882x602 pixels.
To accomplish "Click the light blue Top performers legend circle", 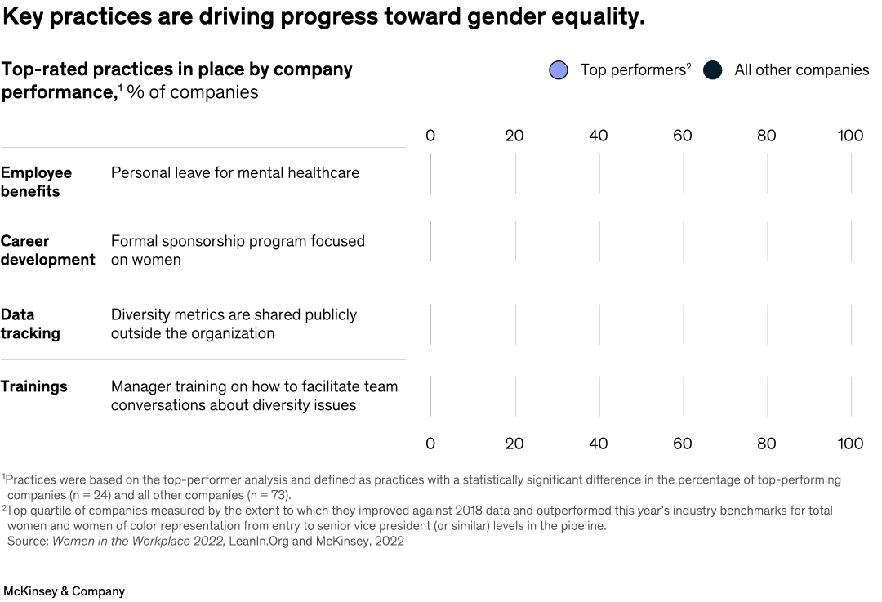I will pos(559,70).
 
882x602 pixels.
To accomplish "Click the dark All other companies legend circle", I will pos(713,70).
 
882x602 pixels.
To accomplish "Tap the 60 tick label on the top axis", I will pos(682,136).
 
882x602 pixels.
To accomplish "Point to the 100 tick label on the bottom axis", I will pos(850,444).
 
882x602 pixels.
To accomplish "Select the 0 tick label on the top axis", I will pos(430,136).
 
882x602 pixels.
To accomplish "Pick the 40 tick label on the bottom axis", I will pos(598,444).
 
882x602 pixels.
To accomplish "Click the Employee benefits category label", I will pos(36,181).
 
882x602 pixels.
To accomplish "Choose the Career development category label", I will pos(47,250).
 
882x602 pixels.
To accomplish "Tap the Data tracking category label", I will pos(30,323).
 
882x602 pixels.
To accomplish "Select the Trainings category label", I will pos(33,386).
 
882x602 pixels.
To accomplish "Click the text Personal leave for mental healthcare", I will pos(234,172).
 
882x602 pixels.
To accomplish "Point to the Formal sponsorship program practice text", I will pos(238,250).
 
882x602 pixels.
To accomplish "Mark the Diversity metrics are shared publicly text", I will pos(234,323).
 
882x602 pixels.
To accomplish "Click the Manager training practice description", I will pos(254,395).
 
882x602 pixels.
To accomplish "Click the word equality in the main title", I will pos(592,17).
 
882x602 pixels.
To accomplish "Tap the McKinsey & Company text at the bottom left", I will pos(64,591).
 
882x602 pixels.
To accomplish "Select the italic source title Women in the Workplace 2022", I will pos(138,541).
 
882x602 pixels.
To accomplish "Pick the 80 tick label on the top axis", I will pos(766,136).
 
